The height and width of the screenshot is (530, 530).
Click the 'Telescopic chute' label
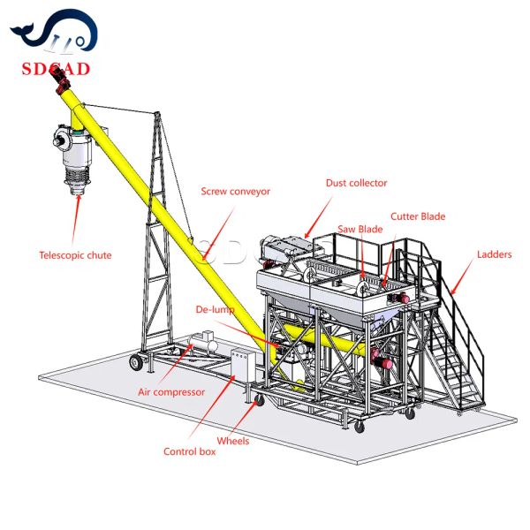point(75,255)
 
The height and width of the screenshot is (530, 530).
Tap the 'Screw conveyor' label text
point(236,192)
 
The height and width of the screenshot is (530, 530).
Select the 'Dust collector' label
point(356,183)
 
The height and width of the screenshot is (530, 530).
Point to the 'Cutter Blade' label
point(418,216)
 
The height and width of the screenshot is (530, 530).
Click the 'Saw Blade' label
point(360,229)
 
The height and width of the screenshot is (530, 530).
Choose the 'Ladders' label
point(494,254)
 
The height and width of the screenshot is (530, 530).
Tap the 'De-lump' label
point(215,310)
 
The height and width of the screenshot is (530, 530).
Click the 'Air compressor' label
point(171,392)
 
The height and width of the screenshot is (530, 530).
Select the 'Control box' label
point(189,451)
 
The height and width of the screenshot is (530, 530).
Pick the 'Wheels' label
point(233,441)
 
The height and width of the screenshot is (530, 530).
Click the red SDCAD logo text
point(56,69)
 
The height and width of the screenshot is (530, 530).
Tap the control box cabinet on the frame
point(243,366)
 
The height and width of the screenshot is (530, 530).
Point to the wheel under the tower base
point(136,362)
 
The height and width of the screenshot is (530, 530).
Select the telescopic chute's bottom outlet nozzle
point(78,190)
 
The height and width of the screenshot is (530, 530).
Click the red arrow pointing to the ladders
point(462,276)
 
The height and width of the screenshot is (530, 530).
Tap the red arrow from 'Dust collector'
point(318,217)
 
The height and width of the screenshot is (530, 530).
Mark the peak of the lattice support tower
point(157,112)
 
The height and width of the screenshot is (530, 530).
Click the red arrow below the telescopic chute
point(76,220)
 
